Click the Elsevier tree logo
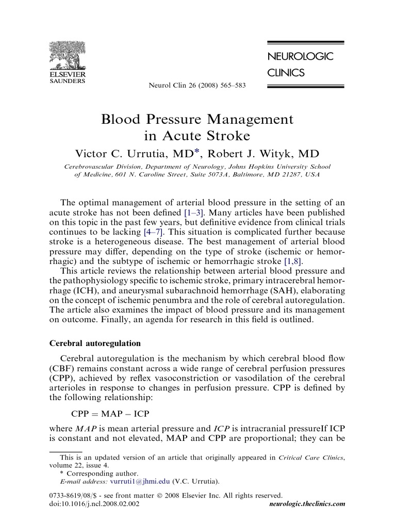click(67, 55)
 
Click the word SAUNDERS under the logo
click(67, 81)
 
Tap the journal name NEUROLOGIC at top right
click(300, 57)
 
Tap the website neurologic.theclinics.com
click(307, 503)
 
